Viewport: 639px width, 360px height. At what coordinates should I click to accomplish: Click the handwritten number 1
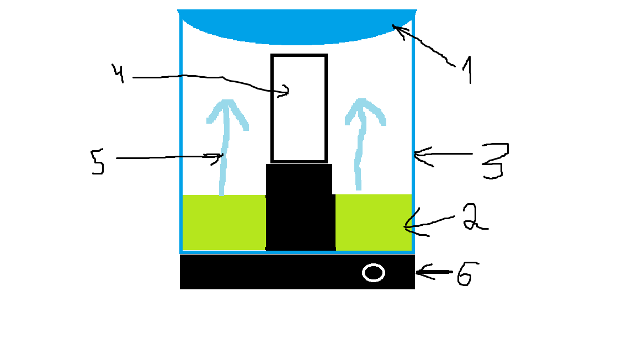point(468,70)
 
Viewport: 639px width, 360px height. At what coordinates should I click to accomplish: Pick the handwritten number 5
point(98,161)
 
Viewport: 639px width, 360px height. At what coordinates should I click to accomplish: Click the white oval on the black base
point(373,273)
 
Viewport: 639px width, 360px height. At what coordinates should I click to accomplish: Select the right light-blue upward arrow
point(360,142)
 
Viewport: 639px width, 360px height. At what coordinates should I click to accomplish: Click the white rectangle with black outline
point(299,108)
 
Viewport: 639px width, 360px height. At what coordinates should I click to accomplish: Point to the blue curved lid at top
point(297,25)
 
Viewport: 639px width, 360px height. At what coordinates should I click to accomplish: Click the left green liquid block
point(223,223)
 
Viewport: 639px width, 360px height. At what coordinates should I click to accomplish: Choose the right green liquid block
point(374,223)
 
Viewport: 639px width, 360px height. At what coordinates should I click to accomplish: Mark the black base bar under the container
point(297,272)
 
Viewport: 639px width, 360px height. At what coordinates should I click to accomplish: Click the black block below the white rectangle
point(300,207)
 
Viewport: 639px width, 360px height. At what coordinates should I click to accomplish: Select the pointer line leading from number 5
point(169,157)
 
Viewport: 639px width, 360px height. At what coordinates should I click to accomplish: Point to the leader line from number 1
point(424,44)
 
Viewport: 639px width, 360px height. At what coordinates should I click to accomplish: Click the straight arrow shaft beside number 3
point(443,154)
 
